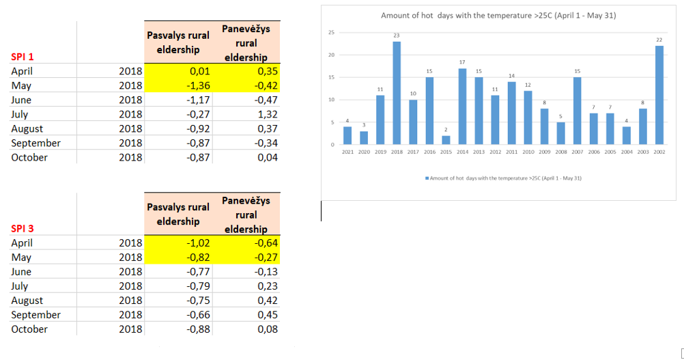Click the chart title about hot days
pyautogui.click(x=498, y=16)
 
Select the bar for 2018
pyautogui.click(x=397, y=93)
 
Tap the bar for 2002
pyautogui.click(x=659, y=95)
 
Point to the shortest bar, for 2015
pyautogui.click(x=446, y=140)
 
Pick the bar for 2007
pyautogui.click(x=577, y=111)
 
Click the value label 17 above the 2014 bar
pyautogui.click(x=462, y=62)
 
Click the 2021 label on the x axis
pyautogui.click(x=347, y=152)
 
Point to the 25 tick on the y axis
pyautogui.click(x=332, y=33)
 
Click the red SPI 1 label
pyautogui.click(x=22, y=57)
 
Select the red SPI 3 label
pyautogui.click(x=22, y=229)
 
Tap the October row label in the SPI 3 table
pyautogui.click(x=29, y=329)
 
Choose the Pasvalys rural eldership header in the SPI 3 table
pyautogui.click(x=178, y=214)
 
